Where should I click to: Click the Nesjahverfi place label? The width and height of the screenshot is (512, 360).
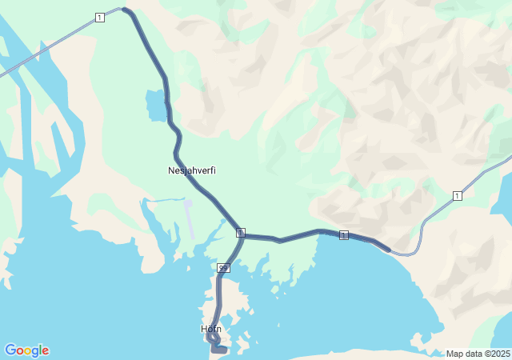192,170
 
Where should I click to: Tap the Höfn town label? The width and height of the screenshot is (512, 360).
211,329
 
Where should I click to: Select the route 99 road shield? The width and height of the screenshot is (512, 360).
224,266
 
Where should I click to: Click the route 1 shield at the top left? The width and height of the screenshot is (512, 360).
99,18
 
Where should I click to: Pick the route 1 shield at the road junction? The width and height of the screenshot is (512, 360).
240,232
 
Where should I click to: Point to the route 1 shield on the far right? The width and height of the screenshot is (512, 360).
457,196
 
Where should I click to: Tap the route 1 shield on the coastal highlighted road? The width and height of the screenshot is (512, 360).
344,234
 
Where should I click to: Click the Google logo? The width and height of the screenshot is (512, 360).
26,350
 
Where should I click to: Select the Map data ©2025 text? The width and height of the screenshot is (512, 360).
478,354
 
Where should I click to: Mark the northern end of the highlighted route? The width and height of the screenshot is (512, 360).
125,10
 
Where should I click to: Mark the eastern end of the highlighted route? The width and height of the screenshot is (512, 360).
388,250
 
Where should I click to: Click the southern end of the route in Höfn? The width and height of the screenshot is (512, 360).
225,350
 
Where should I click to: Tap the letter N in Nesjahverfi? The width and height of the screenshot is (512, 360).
171,170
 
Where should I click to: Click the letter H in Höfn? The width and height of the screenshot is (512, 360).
204,329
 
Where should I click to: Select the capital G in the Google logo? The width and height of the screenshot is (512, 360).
10,350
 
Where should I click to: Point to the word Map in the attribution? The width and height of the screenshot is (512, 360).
454,354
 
